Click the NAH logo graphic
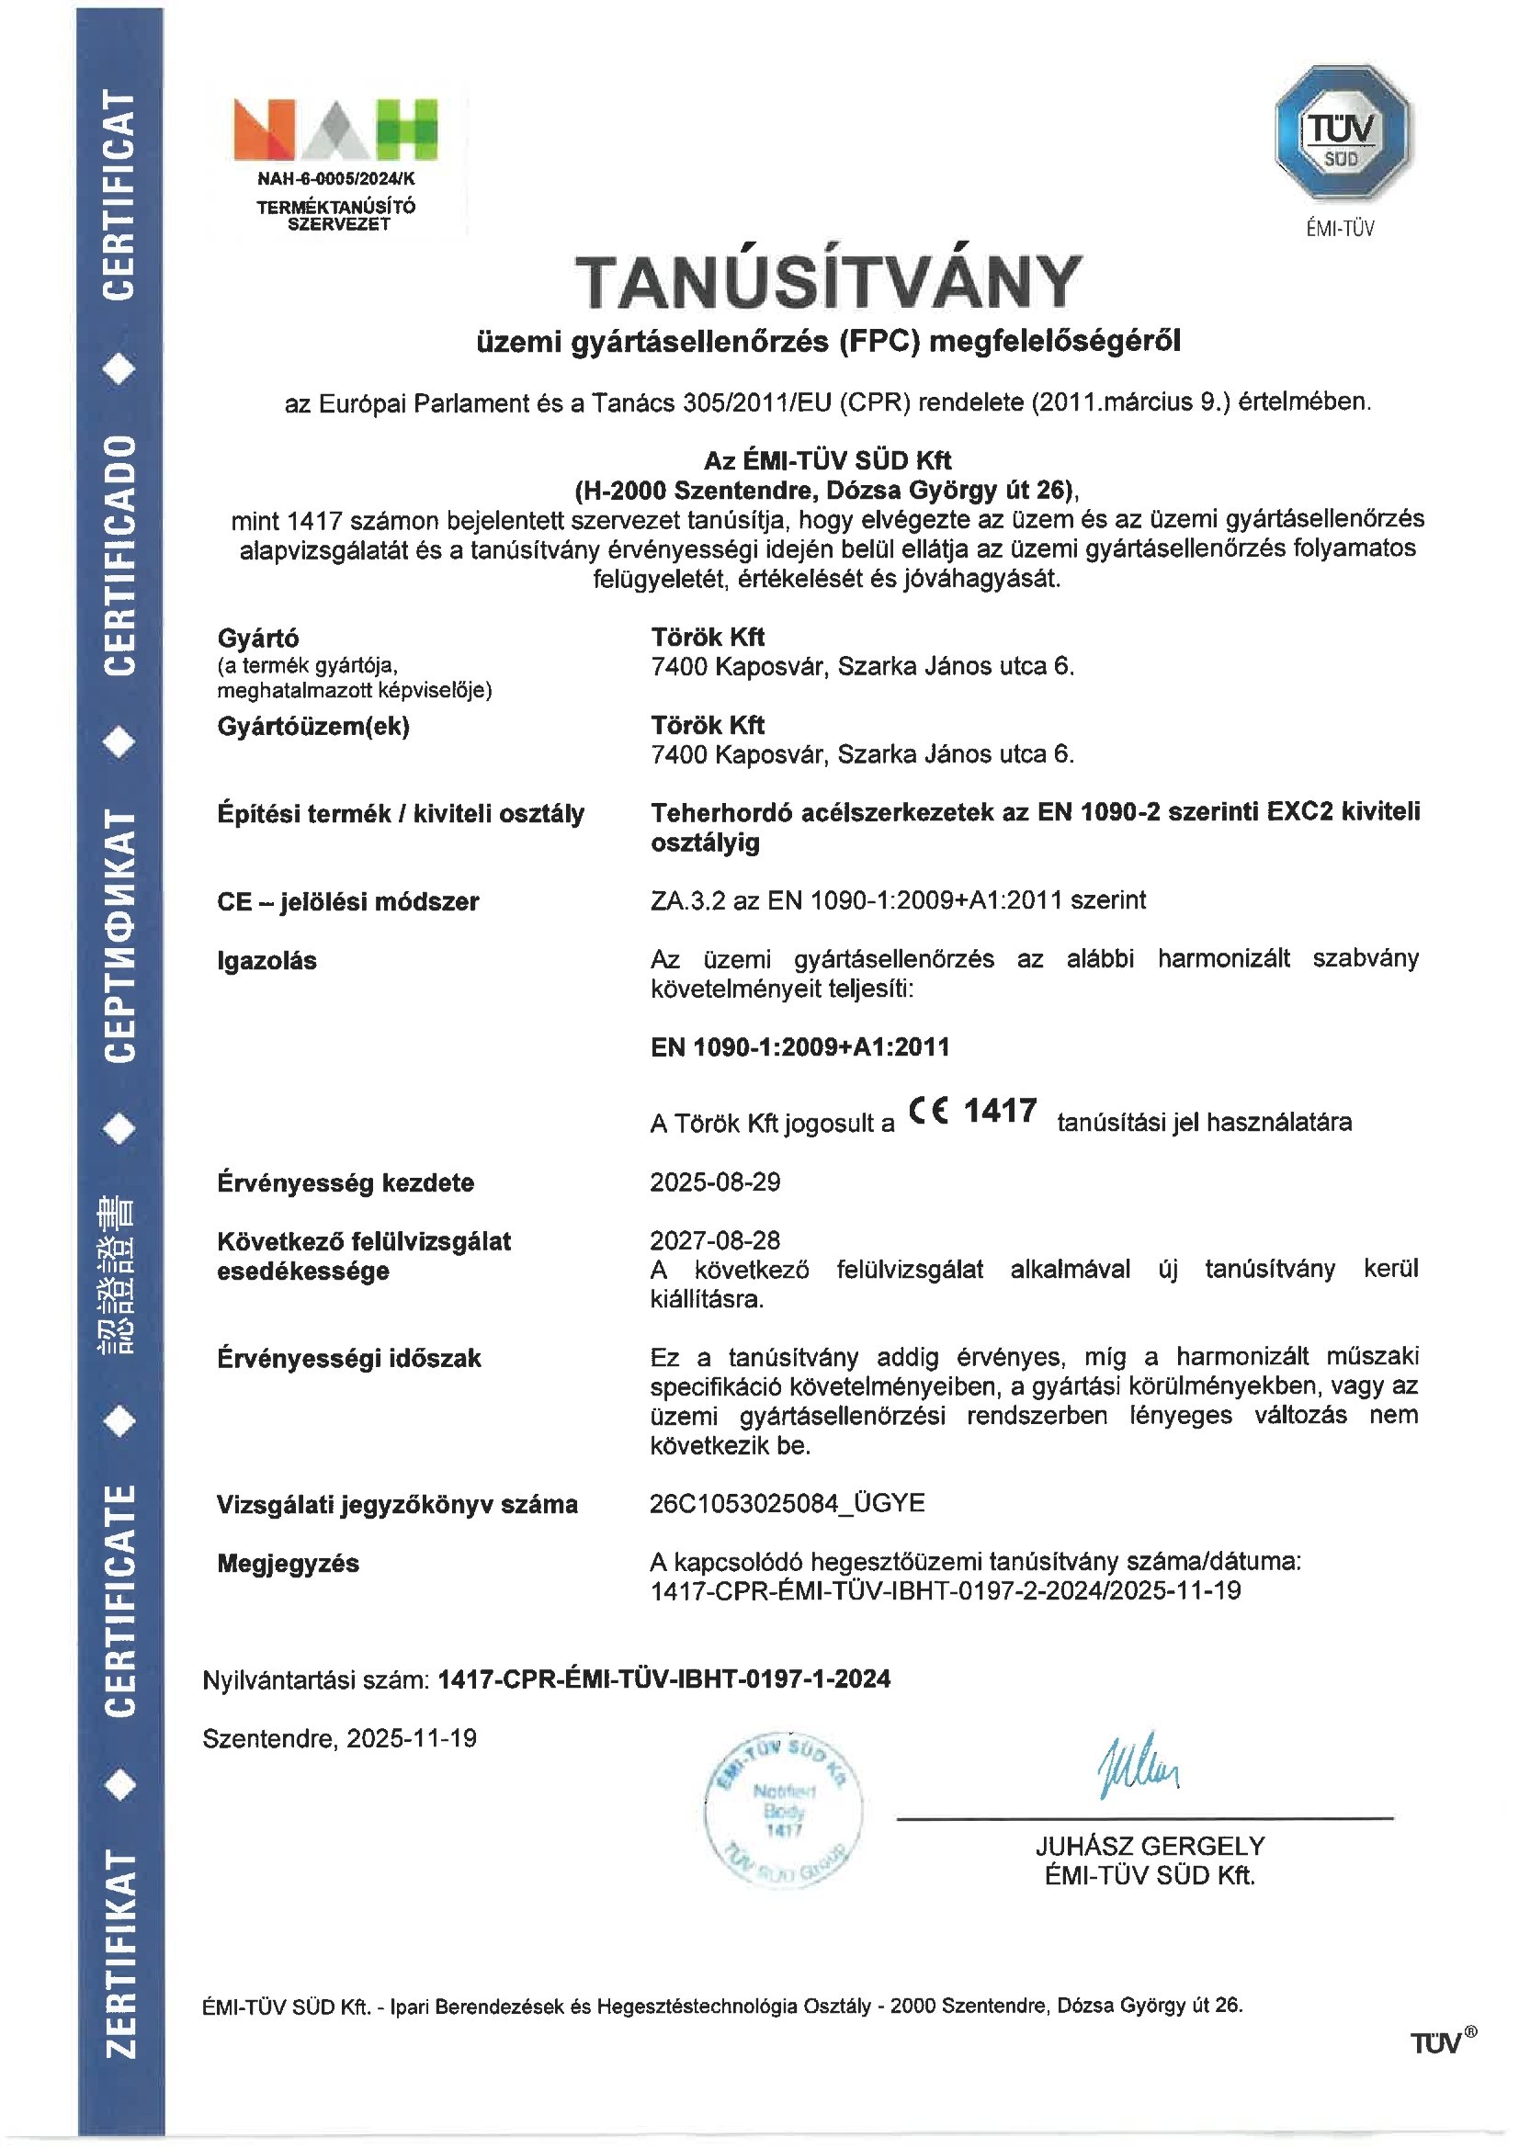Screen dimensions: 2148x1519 coord(335,129)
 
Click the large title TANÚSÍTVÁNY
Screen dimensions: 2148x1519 coord(828,282)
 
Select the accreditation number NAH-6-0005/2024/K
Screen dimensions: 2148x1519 coord(335,177)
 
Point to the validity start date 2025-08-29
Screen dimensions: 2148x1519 coord(715,1181)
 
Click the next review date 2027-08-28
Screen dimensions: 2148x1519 coord(715,1240)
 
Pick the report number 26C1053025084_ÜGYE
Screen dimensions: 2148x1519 coord(788,1502)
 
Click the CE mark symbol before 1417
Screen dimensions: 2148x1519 coord(928,1112)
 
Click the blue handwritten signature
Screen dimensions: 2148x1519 coord(1139,1767)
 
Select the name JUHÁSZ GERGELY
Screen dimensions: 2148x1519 coord(1150,1846)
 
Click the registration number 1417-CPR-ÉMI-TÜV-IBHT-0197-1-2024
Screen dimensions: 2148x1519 coord(663,1679)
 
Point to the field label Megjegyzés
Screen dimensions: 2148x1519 coord(289,1564)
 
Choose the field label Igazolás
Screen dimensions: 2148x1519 coord(266,961)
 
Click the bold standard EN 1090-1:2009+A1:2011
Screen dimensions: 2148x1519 coord(800,1046)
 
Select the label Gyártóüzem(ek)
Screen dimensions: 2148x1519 coord(313,727)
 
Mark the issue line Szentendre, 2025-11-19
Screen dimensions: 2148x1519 coord(340,1738)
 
